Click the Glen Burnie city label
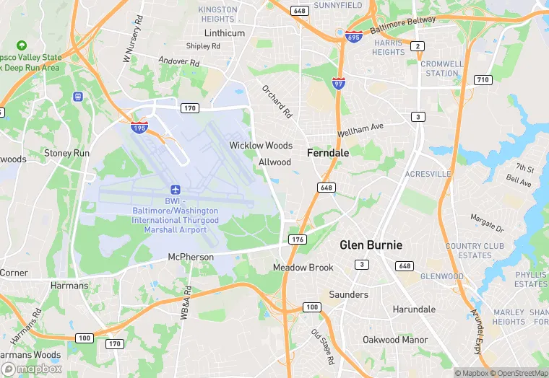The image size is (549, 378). (371, 245)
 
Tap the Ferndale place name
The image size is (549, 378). (328, 153)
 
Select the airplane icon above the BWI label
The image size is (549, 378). (175, 188)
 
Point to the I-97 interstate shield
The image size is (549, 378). (339, 83)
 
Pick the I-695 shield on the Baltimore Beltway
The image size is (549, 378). (353, 36)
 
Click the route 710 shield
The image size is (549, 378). (483, 79)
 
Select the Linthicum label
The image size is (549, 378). (225, 33)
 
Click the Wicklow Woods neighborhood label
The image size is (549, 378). (261, 146)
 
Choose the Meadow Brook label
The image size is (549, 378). (303, 268)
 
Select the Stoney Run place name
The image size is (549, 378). (67, 154)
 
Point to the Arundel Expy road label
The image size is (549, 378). (477, 333)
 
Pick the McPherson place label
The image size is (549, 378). (191, 257)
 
